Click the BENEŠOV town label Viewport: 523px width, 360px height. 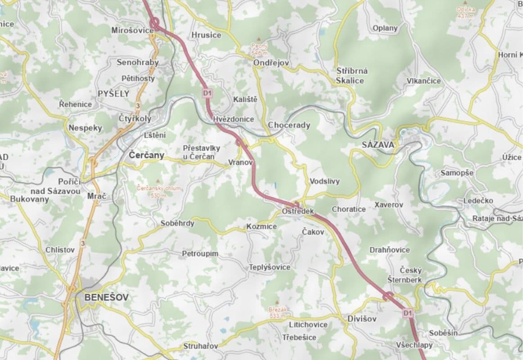click(x=106, y=297)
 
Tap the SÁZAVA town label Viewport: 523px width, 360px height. click(x=378, y=144)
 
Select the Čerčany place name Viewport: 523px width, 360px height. click(x=146, y=155)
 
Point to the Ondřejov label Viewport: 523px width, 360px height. click(x=271, y=63)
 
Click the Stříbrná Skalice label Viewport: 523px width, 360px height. click(x=352, y=76)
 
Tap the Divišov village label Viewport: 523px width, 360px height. click(x=361, y=319)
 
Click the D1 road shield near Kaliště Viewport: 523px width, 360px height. click(x=207, y=93)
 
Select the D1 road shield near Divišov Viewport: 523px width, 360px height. click(x=408, y=312)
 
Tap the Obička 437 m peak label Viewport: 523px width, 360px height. click(x=465, y=12)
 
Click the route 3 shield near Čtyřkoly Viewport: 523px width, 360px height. click(x=138, y=106)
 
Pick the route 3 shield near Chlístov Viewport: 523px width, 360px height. click(x=82, y=243)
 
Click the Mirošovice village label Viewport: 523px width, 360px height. click(x=132, y=30)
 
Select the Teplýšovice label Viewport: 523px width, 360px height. click(x=270, y=267)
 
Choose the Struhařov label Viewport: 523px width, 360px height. click(x=201, y=346)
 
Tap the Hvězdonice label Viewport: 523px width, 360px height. click(x=234, y=119)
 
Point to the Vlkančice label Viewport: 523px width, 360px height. click(x=424, y=81)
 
